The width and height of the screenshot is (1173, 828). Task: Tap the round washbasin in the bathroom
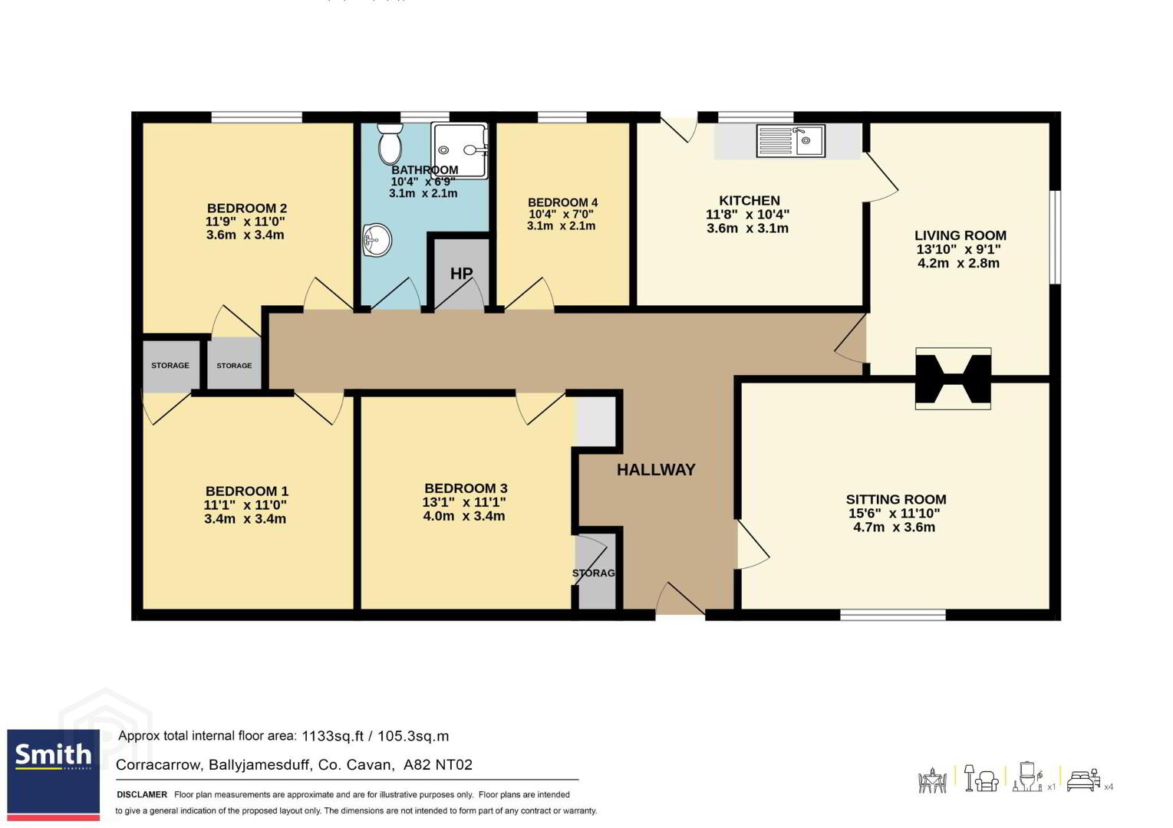pyautogui.click(x=377, y=240)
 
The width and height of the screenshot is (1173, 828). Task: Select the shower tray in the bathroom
pyautogui.click(x=460, y=151)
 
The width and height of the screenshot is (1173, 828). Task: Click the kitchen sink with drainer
pyautogui.click(x=790, y=140)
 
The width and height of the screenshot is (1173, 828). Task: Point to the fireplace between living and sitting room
pyautogui.click(x=953, y=379)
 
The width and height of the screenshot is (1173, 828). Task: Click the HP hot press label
pyautogui.click(x=461, y=273)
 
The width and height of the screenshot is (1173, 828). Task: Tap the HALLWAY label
pyautogui.click(x=656, y=469)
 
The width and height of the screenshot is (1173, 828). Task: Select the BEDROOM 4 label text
pyautogui.click(x=562, y=202)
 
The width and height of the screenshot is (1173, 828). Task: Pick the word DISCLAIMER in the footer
pyautogui.click(x=142, y=794)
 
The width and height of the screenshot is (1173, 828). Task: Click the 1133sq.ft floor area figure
pyautogui.click(x=332, y=736)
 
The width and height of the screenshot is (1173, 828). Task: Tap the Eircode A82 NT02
pyautogui.click(x=438, y=764)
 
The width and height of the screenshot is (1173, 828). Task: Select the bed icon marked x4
pyautogui.click(x=1083, y=781)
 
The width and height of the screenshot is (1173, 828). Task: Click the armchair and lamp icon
pyautogui.click(x=981, y=778)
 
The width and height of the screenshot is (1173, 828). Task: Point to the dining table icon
pyautogui.click(x=932, y=780)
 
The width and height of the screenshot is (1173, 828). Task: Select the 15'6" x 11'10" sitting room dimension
pyautogui.click(x=895, y=514)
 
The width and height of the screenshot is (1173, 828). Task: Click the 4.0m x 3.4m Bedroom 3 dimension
pyautogui.click(x=464, y=516)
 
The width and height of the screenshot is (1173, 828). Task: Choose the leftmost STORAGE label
pyautogui.click(x=170, y=366)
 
